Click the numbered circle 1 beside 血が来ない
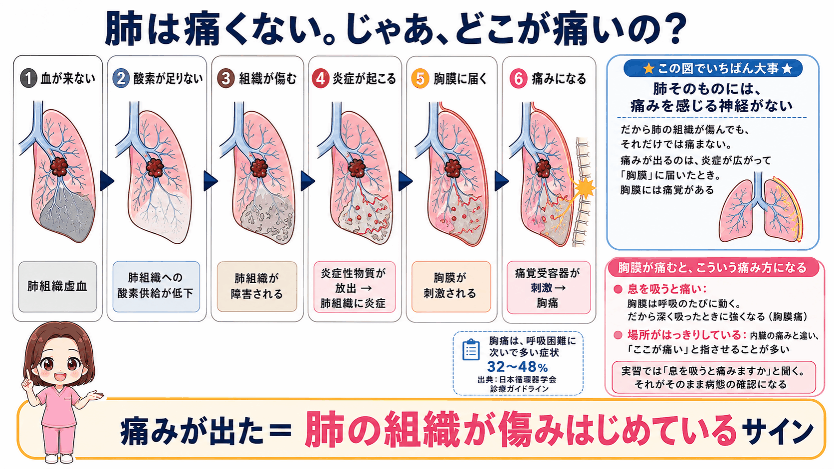click(x=28, y=78)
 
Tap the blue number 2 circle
click(x=121, y=78)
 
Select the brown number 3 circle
click(x=225, y=79)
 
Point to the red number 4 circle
click(x=320, y=79)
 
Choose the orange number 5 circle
click(x=420, y=79)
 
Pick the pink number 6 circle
click(x=518, y=79)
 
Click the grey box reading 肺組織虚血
click(x=58, y=287)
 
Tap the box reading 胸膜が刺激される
click(x=451, y=287)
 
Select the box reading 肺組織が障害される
click(x=257, y=287)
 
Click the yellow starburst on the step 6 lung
click(x=585, y=188)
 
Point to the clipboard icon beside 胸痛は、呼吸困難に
click(x=471, y=349)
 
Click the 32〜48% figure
click(x=518, y=367)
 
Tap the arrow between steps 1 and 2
click(x=107, y=181)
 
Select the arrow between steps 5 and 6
click(x=501, y=181)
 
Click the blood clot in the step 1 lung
click(x=59, y=166)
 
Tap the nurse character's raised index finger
click(x=27, y=374)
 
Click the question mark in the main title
click(x=673, y=28)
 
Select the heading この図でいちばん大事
click(x=713, y=68)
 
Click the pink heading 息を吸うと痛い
click(x=666, y=289)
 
